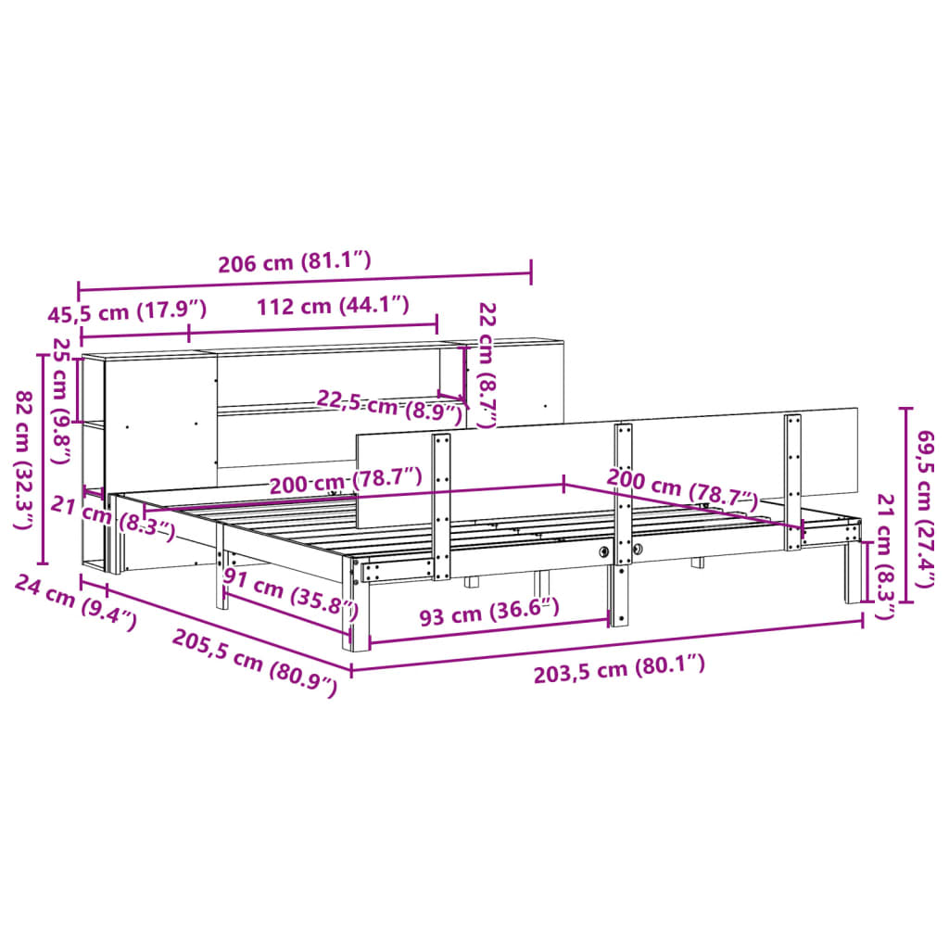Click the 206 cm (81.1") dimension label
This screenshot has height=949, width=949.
(295, 262)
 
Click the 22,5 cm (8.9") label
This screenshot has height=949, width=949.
(389, 406)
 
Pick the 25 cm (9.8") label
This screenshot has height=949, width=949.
(61, 383)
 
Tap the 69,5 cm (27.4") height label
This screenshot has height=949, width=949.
(924, 507)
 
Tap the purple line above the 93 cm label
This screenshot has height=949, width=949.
(489, 630)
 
